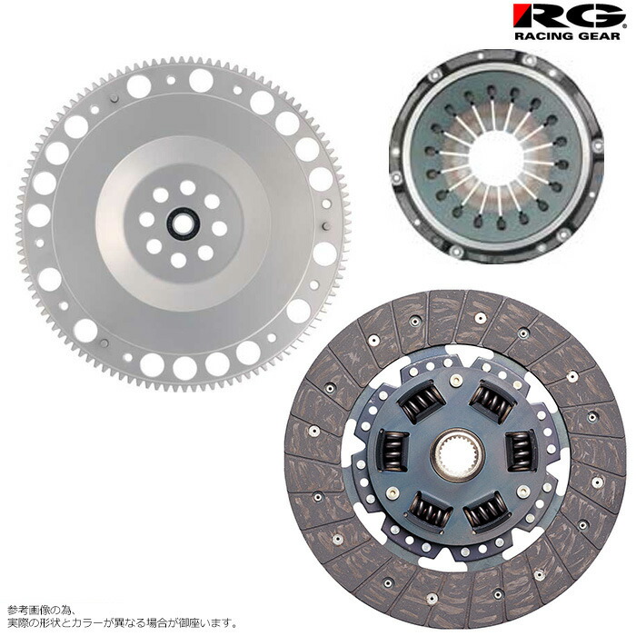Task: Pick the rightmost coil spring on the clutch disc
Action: (521, 451)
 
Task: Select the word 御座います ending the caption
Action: (210, 623)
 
